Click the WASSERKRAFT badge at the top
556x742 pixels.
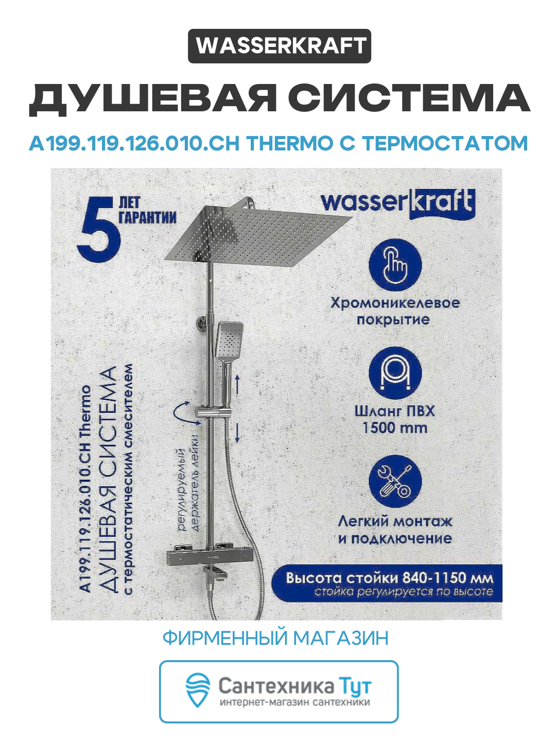[x=279, y=46]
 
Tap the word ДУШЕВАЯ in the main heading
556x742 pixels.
[x=152, y=98]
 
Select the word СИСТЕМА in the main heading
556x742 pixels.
[x=409, y=98]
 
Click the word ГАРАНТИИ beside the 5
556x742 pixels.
[x=148, y=217]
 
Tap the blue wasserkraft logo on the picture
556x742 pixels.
[x=397, y=203]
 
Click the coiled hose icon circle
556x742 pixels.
[x=395, y=374]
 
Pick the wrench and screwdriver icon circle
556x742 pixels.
[x=395, y=482]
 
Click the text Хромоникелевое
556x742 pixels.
[x=395, y=302]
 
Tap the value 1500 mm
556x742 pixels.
[x=395, y=428]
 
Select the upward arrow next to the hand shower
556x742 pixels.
[x=238, y=384]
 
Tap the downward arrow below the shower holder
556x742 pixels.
[x=238, y=432]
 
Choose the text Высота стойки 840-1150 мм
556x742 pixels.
[x=389, y=577]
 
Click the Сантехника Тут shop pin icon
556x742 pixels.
[x=198, y=689]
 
